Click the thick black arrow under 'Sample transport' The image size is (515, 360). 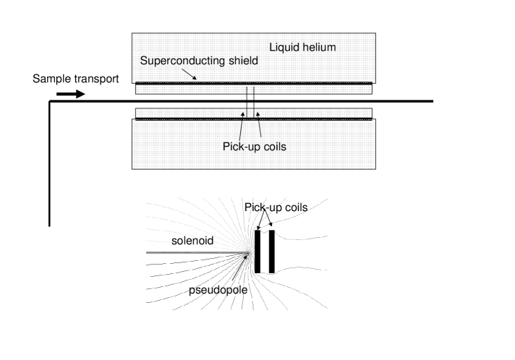[x=71, y=94]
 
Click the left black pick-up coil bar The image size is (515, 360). [x=257, y=252]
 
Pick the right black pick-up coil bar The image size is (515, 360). [x=272, y=252]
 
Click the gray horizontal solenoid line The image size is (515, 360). [x=195, y=252]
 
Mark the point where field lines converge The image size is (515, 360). [x=250, y=252]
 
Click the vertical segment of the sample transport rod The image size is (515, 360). [x=50, y=166]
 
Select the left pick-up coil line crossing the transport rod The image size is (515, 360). [x=246, y=101]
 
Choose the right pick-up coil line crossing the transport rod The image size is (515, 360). [x=254, y=101]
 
